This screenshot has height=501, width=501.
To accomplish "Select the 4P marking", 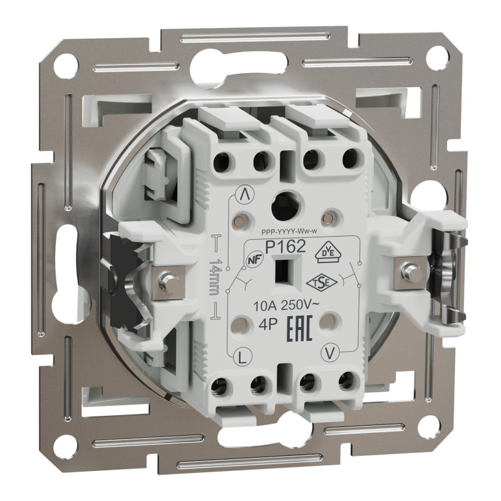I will click(266, 326).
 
